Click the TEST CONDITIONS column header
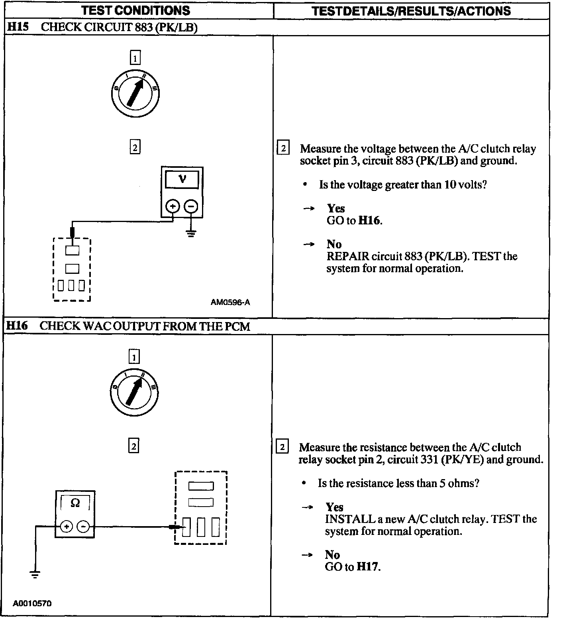pyautogui.click(x=135, y=10)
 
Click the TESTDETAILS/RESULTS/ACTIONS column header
pyautogui.click(x=411, y=11)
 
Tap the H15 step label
pyautogui.click(x=18, y=27)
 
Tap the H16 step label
pyautogui.click(x=18, y=326)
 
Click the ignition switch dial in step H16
pyautogui.click(x=134, y=392)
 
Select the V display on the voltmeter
pyautogui.click(x=182, y=179)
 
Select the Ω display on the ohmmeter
pyautogui.click(x=75, y=503)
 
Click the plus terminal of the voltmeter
pyautogui.click(x=173, y=206)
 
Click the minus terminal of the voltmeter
pyautogui.click(x=191, y=206)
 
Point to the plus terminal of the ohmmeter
pyautogui.click(x=67, y=527)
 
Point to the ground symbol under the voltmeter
pyautogui.click(x=191, y=233)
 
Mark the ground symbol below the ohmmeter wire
pyautogui.click(x=35, y=574)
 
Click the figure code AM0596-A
pyautogui.click(x=230, y=303)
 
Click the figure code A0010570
pyautogui.click(x=32, y=603)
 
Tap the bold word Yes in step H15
pyautogui.click(x=336, y=208)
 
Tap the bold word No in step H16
pyautogui.click(x=332, y=554)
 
